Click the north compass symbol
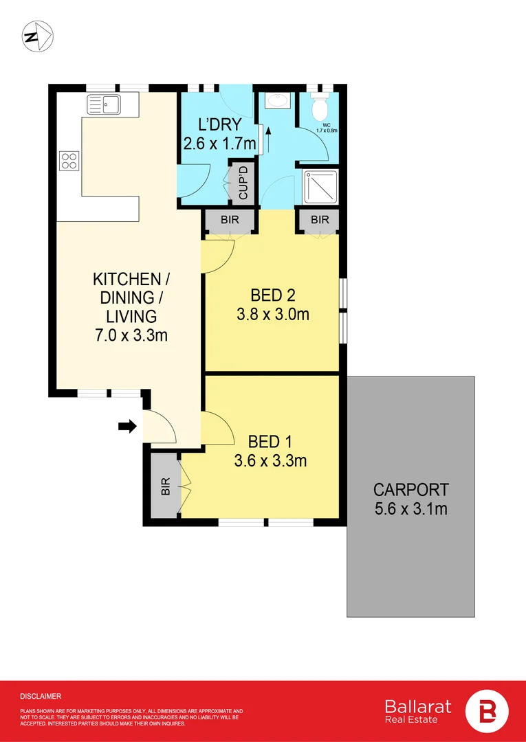[38, 37]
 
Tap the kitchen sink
[104, 104]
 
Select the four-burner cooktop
[69, 160]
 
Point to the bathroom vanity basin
[274, 100]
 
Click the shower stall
[320, 188]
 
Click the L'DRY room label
[219, 126]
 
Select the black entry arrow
[127, 427]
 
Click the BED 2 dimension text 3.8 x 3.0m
[273, 314]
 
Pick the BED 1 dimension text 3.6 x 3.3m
[270, 460]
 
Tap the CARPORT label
[410, 489]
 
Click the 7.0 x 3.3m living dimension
[131, 336]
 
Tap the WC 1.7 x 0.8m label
[327, 128]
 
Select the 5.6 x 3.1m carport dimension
[410, 509]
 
